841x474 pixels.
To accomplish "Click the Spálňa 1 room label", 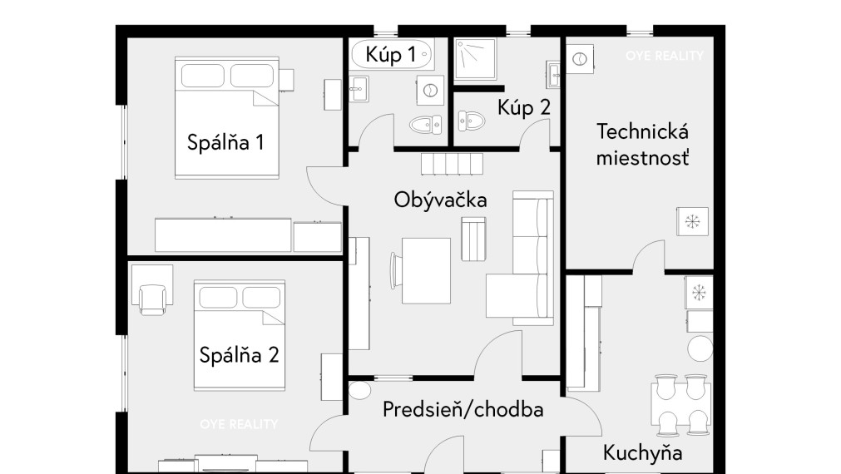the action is tap(225, 143).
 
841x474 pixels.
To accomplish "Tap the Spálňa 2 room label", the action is tap(240, 355).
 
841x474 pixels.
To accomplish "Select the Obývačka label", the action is tap(440, 200).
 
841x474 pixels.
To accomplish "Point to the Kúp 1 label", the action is tap(390, 54).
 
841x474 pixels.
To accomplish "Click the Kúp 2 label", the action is tap(524, 107).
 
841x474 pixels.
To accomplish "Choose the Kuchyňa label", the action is tap(642, 453).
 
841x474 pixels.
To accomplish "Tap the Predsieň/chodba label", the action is tap(463, 410).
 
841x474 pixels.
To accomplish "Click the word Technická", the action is tap(642, 131).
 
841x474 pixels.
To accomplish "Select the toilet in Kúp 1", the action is tap(426, 125).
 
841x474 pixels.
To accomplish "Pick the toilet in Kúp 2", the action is tap(472, 121).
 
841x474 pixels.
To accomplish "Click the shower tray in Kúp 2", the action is tap(475, 59).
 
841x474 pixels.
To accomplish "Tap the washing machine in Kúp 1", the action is tap(430, 90).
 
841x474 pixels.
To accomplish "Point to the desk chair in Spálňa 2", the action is tap(152, 299).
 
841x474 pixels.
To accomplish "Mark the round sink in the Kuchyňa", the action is tap(700, 348).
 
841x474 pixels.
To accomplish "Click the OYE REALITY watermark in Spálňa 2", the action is tap(239, 425).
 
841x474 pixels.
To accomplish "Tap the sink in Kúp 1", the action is tap(359, 88).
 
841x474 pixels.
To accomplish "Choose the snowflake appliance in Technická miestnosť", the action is tap(692, 221).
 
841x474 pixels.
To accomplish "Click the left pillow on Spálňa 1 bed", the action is tap(203, 76).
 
